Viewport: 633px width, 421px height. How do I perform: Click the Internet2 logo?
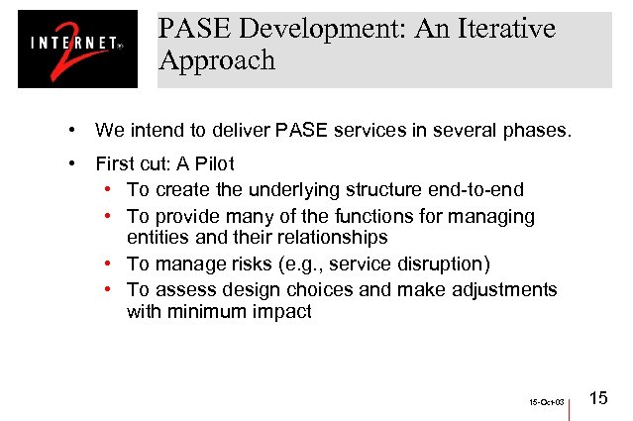[77, 49]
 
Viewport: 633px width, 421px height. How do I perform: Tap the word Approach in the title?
[216, 60]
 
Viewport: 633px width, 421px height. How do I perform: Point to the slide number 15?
[598, 398]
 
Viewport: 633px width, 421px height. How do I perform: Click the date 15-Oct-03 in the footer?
[546, 403]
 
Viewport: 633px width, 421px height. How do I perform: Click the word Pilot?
[212, 163]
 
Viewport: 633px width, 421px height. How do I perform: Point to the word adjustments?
[504, 289]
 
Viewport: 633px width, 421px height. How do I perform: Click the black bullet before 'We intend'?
[72, 130]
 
